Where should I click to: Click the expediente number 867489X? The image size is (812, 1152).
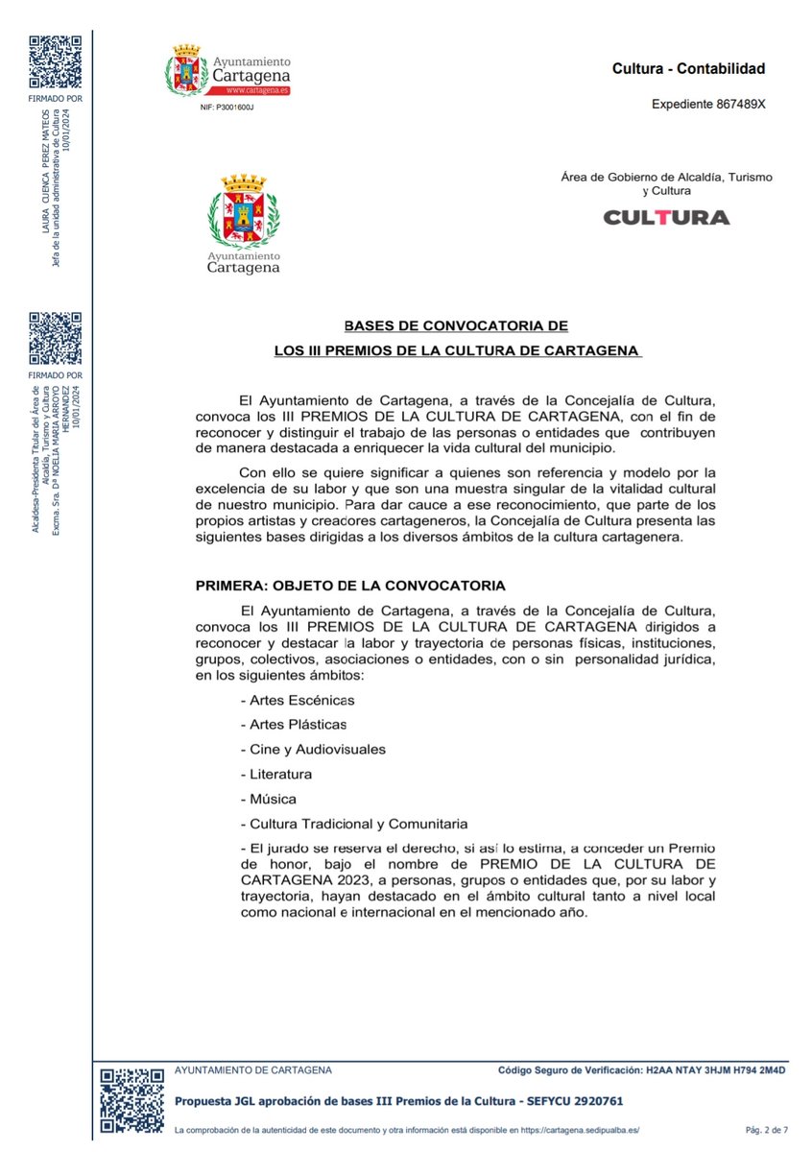click(741, 104)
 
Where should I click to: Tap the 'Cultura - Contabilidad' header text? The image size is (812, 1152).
click(688, 69)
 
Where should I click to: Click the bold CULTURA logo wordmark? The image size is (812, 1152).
click(666, 218)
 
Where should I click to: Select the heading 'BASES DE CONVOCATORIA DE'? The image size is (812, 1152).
click(456, 326)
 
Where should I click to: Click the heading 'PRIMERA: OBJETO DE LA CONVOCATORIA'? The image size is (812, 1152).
click(349, 585)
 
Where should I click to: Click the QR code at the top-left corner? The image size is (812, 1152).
click(55, 60)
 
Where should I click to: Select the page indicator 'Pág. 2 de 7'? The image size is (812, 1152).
click(766, 1132)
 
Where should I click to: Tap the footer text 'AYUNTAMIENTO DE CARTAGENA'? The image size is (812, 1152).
click(253, 1069)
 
